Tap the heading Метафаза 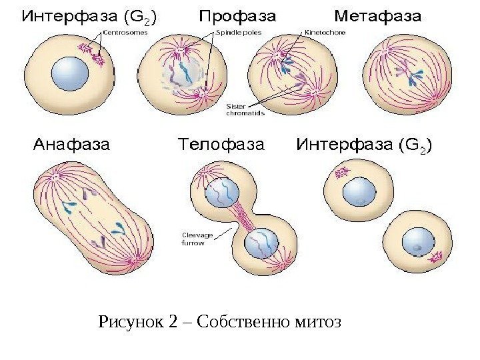377,15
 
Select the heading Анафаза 71,144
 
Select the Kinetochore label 325,31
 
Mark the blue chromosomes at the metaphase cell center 410,73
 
